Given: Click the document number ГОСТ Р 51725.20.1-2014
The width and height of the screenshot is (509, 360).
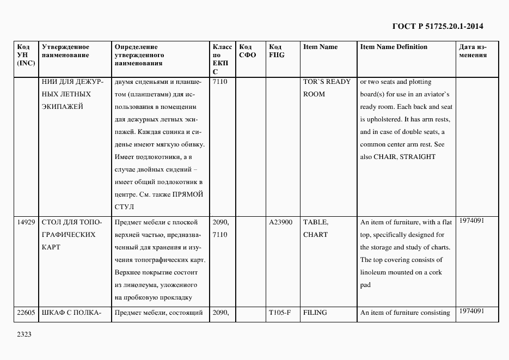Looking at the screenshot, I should pos(437,26).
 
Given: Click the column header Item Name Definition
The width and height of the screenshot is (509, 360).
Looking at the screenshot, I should pos(393,47).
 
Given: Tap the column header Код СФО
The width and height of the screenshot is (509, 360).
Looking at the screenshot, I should pos(247,51).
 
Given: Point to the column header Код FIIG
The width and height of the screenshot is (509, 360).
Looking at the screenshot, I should pos(277,51).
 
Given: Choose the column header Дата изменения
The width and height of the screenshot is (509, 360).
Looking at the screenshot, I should pos(473,51).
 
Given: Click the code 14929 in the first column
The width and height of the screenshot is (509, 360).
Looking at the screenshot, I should pos(26,222).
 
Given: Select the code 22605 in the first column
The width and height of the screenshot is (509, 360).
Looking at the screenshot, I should pos(26,313).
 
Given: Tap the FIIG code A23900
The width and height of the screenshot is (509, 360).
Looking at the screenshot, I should pos(280,222).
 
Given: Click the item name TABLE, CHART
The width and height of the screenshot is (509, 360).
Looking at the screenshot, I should pos(316,228).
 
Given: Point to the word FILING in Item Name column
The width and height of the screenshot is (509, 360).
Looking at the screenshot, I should pos(315,313).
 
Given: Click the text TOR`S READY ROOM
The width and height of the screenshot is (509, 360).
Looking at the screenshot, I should pos(327,88).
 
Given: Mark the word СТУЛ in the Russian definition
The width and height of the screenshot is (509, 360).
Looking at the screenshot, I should pos(125,207).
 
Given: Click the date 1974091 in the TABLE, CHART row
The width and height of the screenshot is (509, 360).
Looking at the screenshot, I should pos(471,221).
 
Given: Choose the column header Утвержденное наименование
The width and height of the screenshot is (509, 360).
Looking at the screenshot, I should pos(66,51).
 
